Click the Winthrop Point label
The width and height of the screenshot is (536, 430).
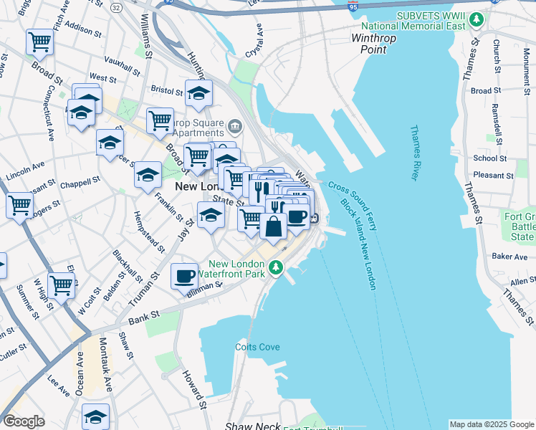(369, 44)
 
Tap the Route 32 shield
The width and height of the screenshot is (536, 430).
(116, 6)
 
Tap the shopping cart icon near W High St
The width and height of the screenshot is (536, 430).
(61, 285)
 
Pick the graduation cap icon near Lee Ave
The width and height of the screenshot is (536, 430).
(95, 416)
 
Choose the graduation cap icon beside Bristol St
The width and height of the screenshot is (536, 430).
(198, 92)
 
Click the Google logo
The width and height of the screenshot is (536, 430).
(24, 421)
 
